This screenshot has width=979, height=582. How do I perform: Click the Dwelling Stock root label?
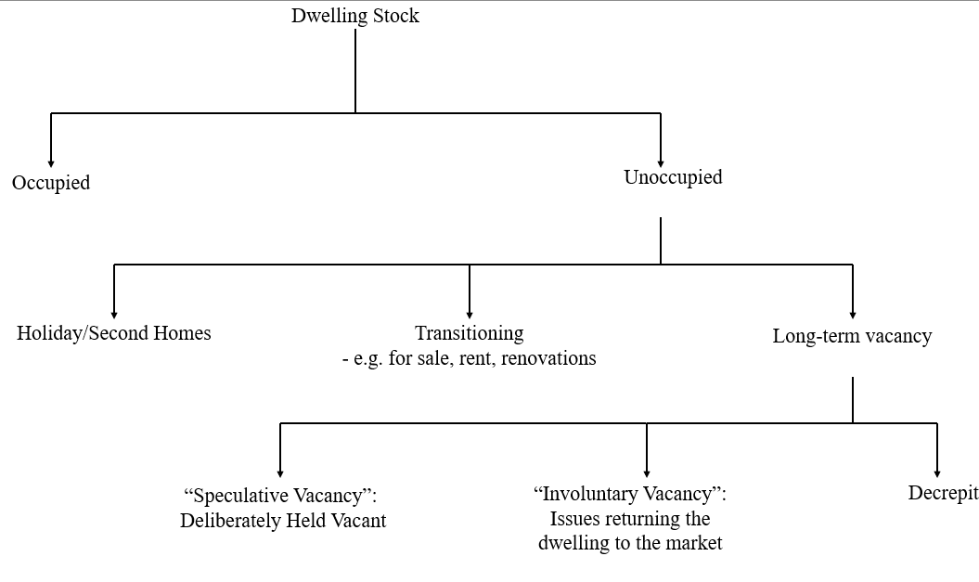point(355,16)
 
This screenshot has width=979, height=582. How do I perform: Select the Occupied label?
point(51,182)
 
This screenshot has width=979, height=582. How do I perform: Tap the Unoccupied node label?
point(673,176)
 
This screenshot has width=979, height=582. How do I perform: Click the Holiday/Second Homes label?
point(113,333)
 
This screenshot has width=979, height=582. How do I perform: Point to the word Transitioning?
point(470,333)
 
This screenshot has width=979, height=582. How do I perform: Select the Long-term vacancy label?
point(852,336)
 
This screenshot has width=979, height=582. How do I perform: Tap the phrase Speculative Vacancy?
point(280,495)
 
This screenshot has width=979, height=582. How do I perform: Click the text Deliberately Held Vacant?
point(283,520)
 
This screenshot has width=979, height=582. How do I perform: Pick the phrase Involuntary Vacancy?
point(630,493)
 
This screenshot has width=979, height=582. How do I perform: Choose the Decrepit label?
point(944,493)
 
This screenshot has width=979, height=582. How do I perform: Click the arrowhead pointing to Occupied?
point(51,163)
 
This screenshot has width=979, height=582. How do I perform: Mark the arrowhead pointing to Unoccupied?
point(661,163)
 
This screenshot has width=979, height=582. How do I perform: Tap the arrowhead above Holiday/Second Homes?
point(114,315)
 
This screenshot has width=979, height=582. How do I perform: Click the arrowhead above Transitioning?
point(470,315)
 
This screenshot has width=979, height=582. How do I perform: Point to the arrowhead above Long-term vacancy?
point(853,315)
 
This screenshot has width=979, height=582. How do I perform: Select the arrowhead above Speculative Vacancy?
point(280,474)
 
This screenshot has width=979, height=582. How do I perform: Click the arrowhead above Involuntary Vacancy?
point(647,474)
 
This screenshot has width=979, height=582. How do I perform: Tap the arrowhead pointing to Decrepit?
point(937,474)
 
